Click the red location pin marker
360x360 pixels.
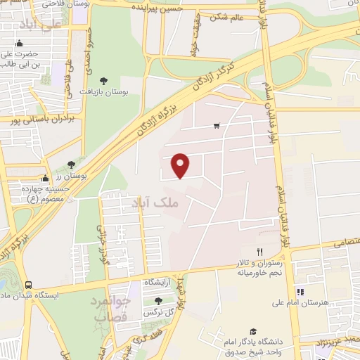(181, 165)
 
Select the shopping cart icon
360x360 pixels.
(217, 127)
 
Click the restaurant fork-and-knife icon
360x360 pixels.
(259, 252)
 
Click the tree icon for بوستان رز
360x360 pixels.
(71, 165)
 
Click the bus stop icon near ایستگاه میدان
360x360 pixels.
(28, 285)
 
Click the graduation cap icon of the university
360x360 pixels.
(252, 331)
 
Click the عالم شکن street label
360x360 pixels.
(225, 16)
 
